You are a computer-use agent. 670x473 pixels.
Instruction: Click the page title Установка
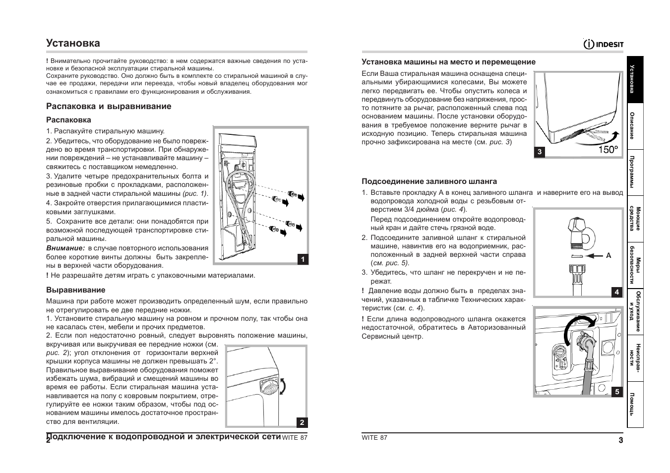click(73, 43)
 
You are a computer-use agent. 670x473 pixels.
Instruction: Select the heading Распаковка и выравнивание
click(109, 106)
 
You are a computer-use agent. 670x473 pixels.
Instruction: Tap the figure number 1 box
click(303, 259)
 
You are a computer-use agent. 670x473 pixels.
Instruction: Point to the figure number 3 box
click(539, 152)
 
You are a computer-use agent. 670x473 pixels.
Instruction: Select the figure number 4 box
click(617, 292)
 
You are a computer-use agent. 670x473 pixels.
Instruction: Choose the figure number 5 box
click(617, 392)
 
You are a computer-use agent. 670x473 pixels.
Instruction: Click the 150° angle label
click(608, 149)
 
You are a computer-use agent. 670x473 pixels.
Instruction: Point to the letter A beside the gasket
click(609, 255)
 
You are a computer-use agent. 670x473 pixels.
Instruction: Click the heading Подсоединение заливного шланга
click(429, 181)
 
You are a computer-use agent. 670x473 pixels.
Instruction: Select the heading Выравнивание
click(76, 290)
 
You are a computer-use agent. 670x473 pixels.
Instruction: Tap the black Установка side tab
click(635, 79)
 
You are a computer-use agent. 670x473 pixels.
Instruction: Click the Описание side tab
click(635, 126)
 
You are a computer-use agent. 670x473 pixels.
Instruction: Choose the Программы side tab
click(635, 172)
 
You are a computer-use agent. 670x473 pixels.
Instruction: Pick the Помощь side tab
click(635, 404)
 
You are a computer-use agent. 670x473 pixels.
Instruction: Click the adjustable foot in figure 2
click(268, 388)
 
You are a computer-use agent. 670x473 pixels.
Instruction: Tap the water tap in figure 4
click(578, 232)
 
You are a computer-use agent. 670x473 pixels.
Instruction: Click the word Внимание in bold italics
click(65, 248)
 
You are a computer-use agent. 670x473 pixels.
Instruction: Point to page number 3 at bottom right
click(621, 440)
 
